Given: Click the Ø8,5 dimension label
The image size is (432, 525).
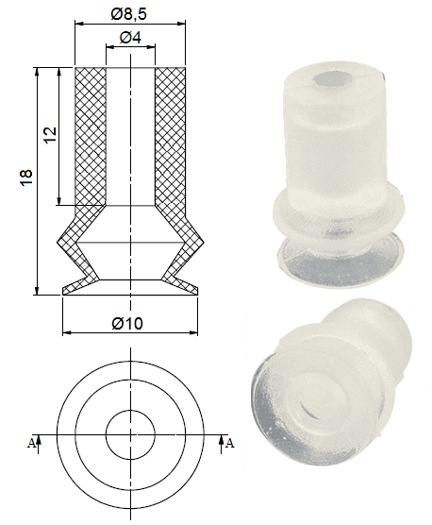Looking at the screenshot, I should point(130,14).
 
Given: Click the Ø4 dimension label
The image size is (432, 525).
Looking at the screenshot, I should point(130,38).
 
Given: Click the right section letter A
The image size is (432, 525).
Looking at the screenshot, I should point(230,441).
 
